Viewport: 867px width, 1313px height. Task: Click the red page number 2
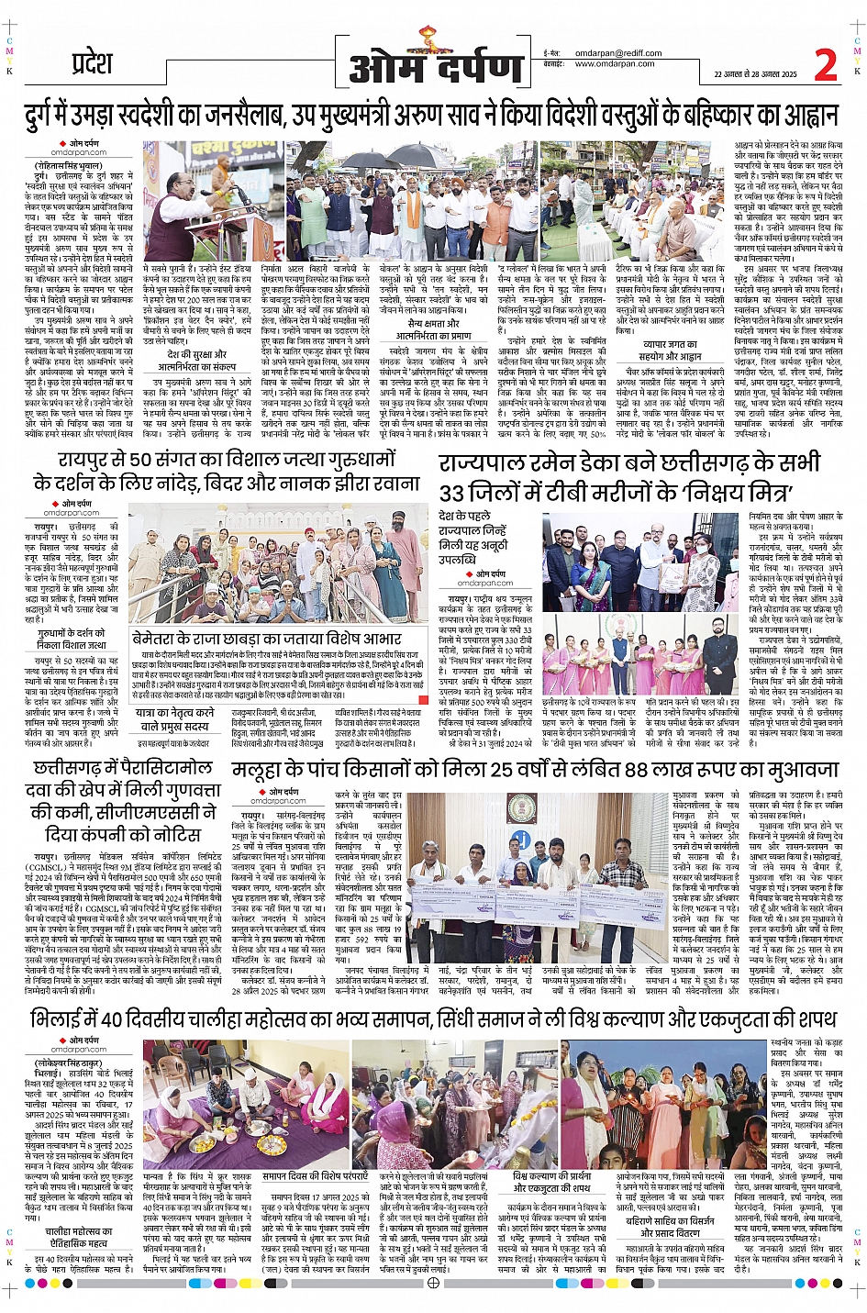tap(825, 65)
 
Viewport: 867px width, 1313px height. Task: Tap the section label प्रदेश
tap(92, 65)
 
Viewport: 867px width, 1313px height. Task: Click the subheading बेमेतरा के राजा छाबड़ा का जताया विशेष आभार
tap(267, 639)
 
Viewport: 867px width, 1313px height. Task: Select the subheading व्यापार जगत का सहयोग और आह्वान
tap(671, 351)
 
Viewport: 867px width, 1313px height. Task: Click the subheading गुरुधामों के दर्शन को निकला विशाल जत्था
tap(72, 639)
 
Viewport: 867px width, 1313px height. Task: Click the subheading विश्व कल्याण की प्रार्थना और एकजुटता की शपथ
tap(551, 1182)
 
